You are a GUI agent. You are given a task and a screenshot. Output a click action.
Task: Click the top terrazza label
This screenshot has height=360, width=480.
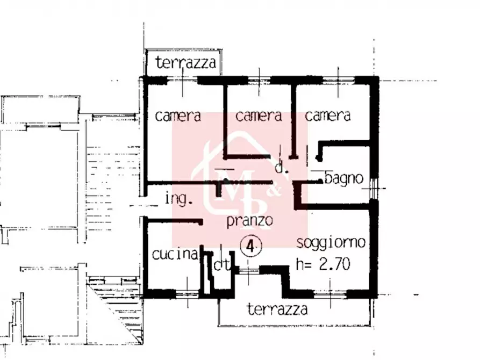tap(186, 63)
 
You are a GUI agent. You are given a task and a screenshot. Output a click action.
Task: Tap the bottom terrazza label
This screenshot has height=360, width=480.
tap(277, 309)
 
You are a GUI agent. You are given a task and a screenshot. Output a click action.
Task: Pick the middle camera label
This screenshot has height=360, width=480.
tap(259, 116)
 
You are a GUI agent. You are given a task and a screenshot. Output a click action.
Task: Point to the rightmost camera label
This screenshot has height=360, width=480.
tap(328, 116)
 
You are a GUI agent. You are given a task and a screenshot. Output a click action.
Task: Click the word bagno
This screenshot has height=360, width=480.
tap(344, 179)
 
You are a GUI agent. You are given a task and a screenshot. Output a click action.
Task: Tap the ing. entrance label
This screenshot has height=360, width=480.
tap(178, 199)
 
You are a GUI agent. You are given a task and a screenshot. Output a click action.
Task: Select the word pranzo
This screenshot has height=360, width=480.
tap(250, 220)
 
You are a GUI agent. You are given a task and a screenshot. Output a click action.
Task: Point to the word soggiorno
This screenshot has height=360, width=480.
tap(331, 242)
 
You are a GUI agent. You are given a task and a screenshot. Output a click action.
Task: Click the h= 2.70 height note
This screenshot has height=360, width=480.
tap(324, 264)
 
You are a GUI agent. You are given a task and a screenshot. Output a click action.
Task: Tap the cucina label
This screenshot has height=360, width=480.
tap(175, 255)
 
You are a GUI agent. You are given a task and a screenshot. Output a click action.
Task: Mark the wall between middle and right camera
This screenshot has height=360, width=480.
tap(293, 121)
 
